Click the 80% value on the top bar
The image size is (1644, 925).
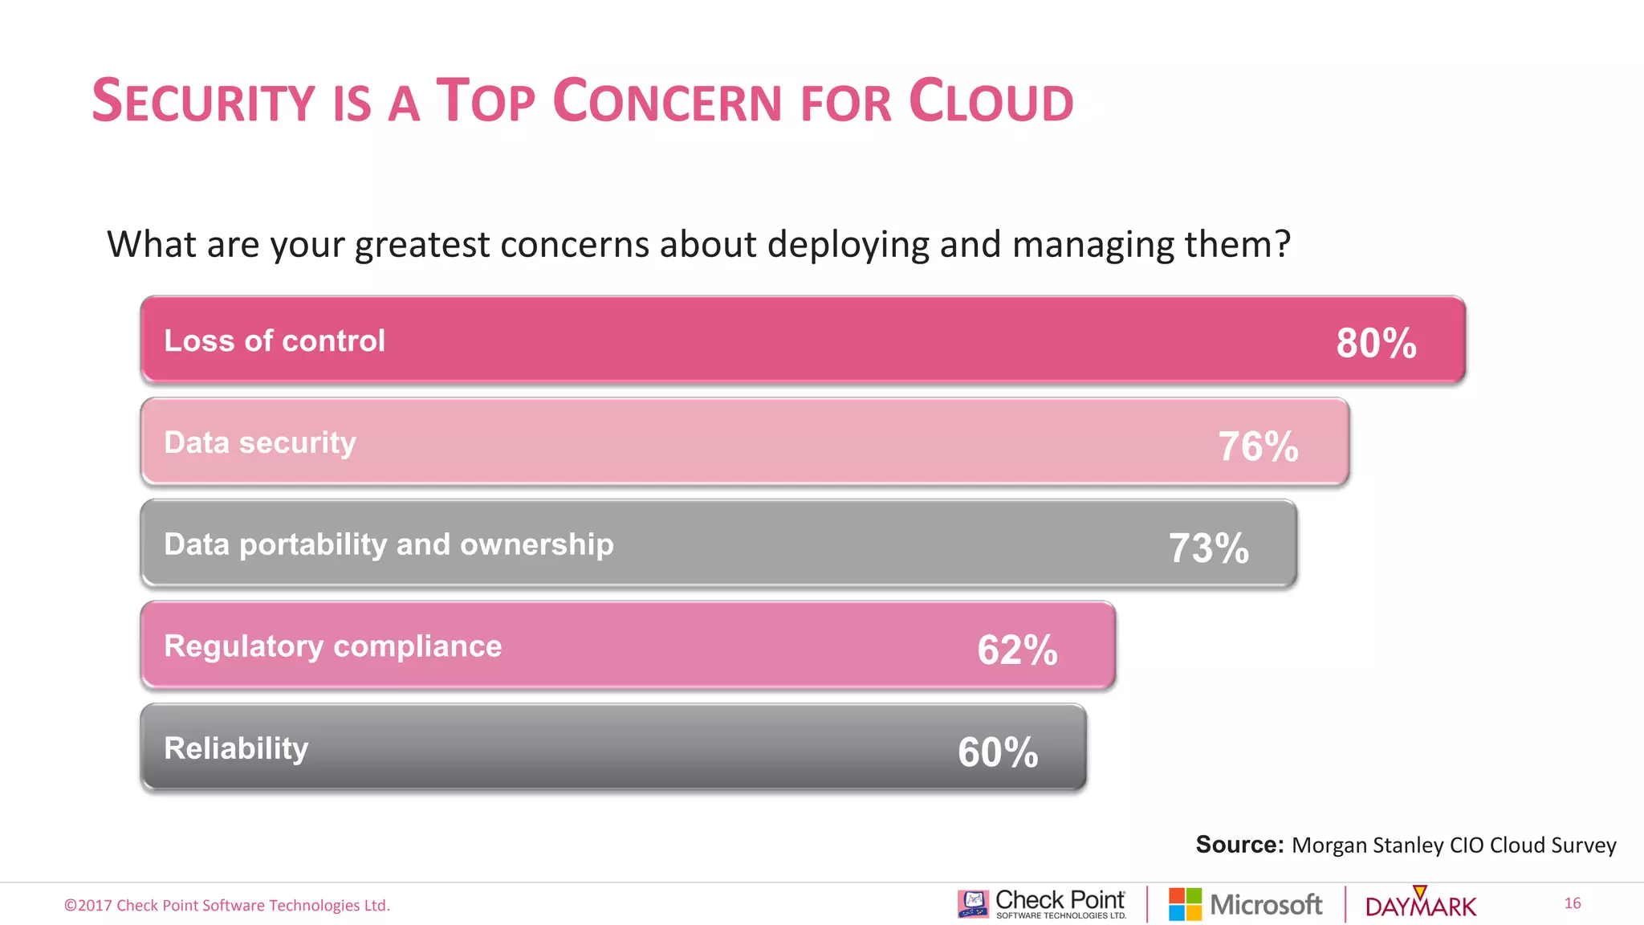coord(1376,344)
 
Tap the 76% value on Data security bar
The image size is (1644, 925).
coord(1258,446)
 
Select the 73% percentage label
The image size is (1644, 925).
coord(1208,548)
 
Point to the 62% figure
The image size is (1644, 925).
coord(1017,650)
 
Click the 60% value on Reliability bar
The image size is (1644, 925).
coord(998,752)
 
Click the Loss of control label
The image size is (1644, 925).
coord(275,341)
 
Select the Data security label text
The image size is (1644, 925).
coord(260,443)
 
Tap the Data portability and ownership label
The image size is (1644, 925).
coord(389,545)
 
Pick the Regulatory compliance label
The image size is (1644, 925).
coord(332,646)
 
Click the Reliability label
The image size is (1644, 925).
coord(236,748)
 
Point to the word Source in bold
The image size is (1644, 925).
coord(1239,845)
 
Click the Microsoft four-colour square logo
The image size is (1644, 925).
coord(1185,904)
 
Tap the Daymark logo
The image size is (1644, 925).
coord(1420,904)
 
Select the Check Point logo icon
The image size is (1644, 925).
coord(973,903)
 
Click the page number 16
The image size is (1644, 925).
coord(1572,903)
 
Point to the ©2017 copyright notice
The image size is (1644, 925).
coord(227,906)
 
